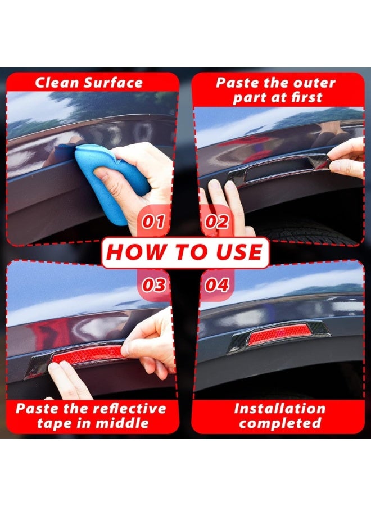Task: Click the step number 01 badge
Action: (x=153, y=222)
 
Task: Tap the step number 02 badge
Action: (x=217, y=222)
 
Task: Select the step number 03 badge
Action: (x=153, y=284)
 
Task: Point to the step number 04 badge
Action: (x=217, y=284)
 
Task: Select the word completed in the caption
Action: (x=279, y=423)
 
